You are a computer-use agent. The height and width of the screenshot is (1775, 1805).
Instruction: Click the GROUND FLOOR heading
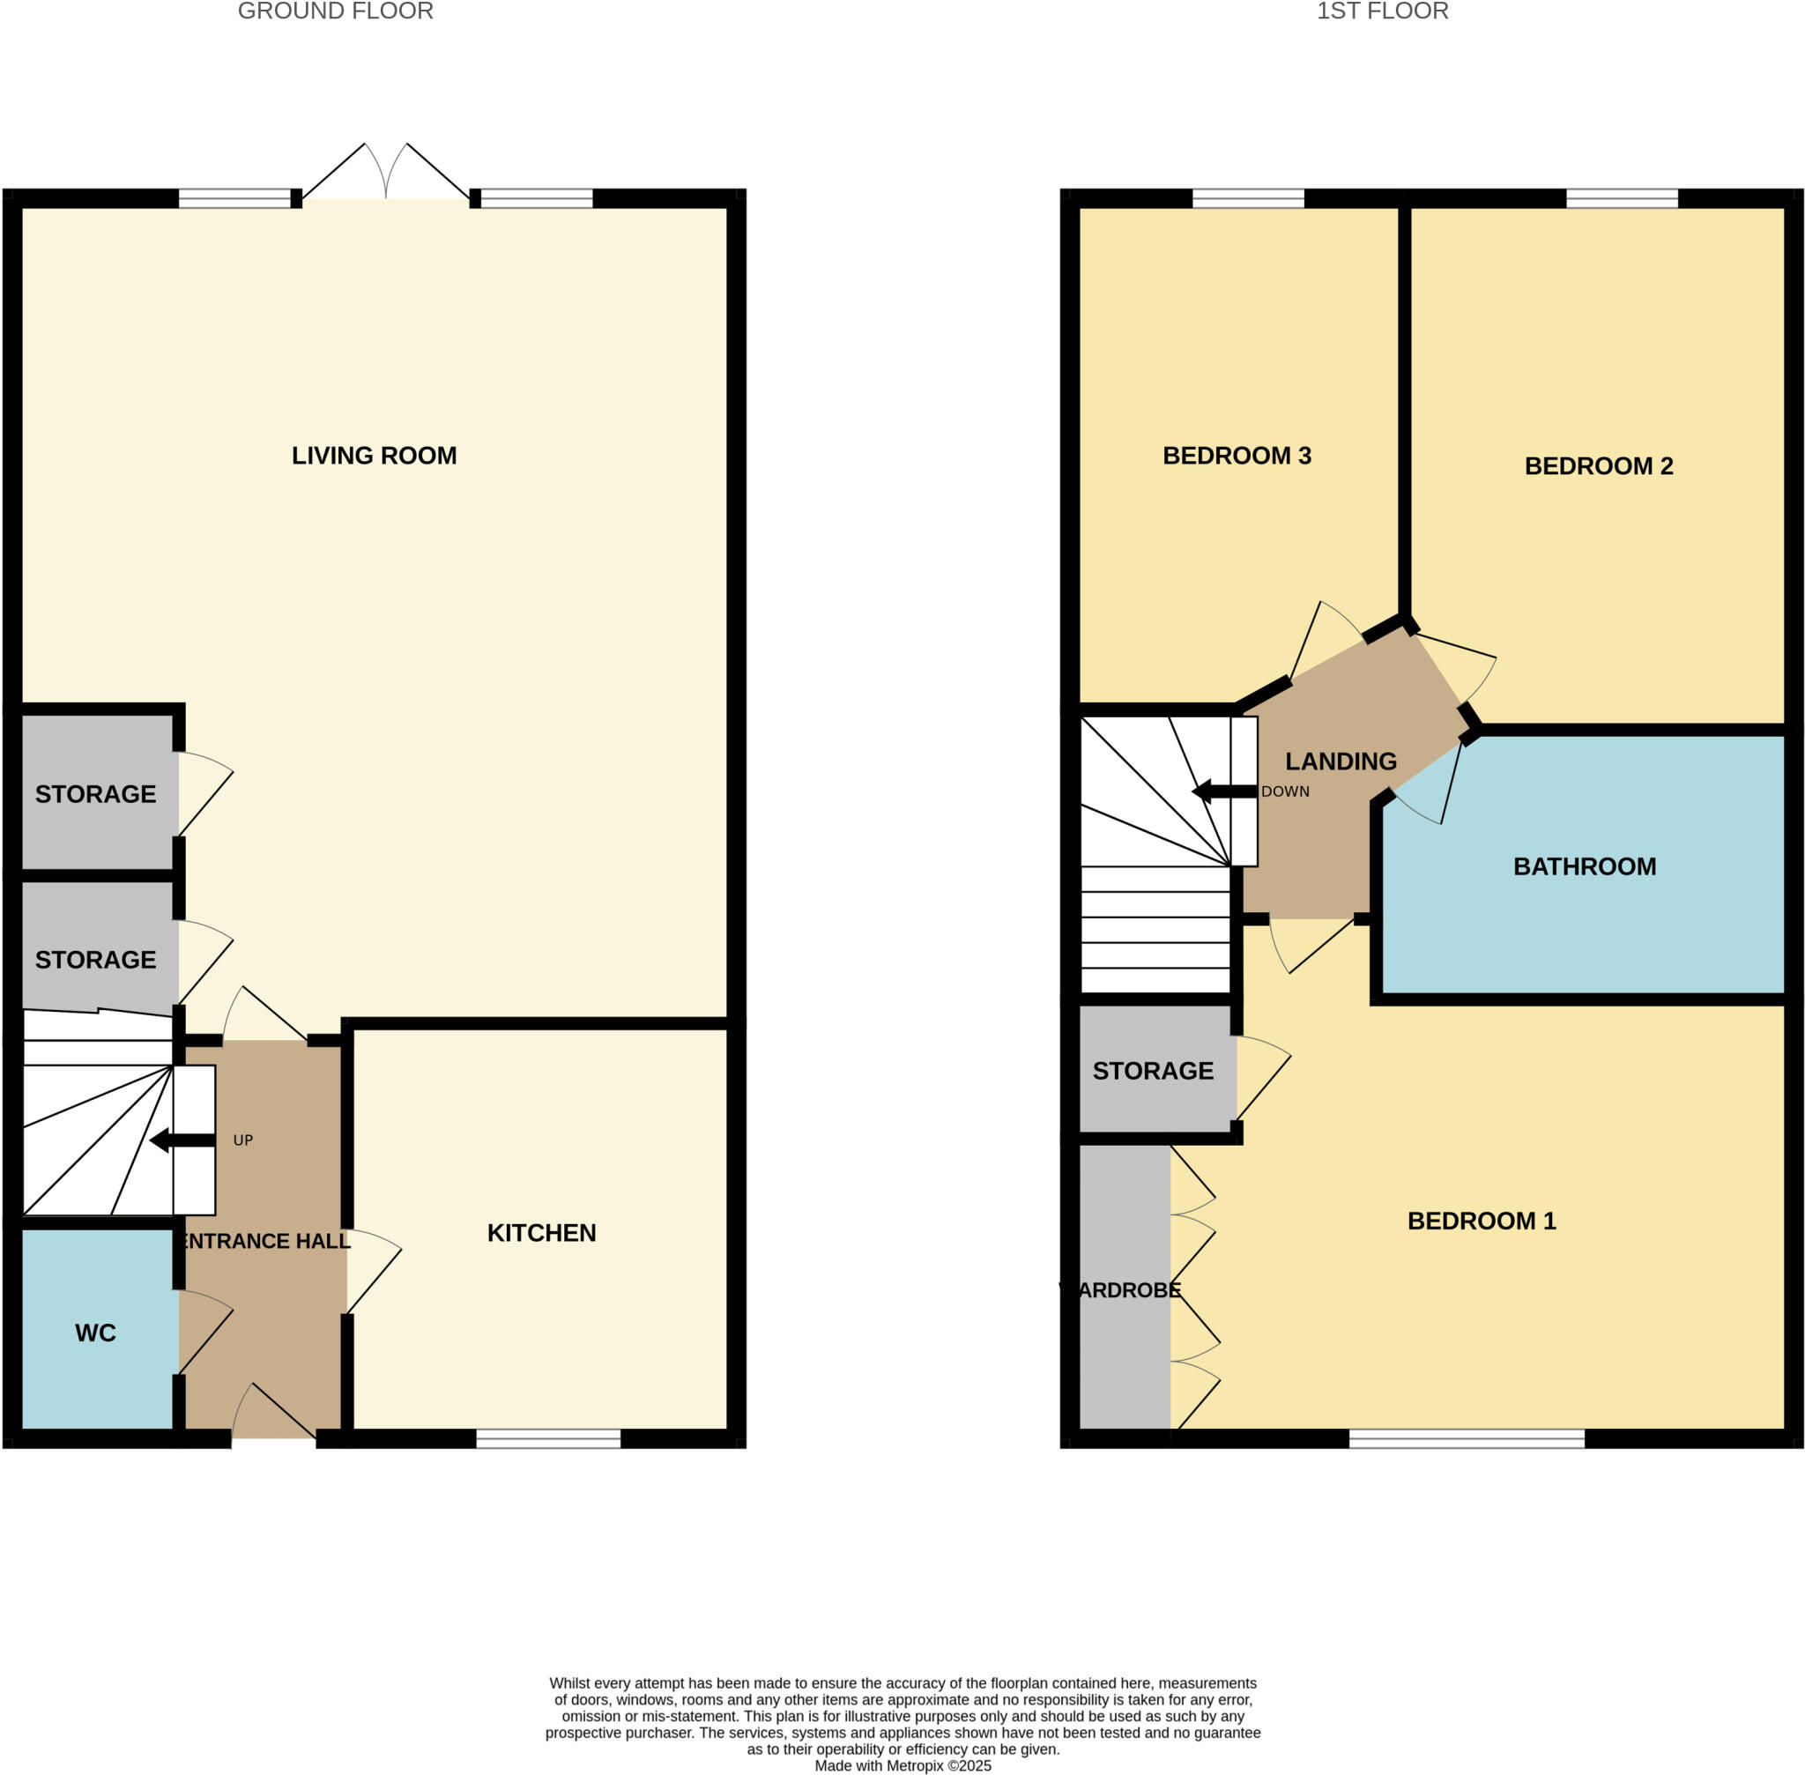[335, 12]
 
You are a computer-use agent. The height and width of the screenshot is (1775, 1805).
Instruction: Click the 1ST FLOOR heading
[1382, 12]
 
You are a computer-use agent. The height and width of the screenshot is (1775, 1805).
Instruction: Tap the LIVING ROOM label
[374, 456]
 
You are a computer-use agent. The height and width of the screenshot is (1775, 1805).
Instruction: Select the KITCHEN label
[541, 1233]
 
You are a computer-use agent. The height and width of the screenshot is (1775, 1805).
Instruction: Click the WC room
[96, 1333]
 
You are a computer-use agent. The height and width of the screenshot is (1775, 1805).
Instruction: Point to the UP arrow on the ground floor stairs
[182, 1140]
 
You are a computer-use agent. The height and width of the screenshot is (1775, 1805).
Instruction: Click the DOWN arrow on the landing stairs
[1224, 792]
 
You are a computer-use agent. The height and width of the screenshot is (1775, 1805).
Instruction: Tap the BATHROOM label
[1584, 867]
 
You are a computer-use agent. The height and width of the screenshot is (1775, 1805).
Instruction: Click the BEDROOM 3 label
[1237, 456]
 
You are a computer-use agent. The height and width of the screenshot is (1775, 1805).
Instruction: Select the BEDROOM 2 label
[1598, 466]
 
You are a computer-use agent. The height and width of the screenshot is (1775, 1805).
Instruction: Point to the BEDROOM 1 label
[1482, 1222]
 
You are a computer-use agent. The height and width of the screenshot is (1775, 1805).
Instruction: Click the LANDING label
[1340, 761]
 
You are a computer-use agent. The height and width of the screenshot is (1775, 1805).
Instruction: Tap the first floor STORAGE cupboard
[1153, 1070]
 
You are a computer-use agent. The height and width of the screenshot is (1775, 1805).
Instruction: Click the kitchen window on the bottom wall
[548, 1438]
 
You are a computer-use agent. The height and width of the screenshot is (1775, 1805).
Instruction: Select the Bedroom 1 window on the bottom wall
[1466, 1438]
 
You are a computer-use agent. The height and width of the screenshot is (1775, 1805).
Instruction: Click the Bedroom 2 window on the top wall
[1622, 197]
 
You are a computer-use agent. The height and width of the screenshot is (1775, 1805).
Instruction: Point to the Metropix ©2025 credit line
[902, 1765]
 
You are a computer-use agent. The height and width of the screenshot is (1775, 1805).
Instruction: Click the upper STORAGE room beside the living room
[96, 794]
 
